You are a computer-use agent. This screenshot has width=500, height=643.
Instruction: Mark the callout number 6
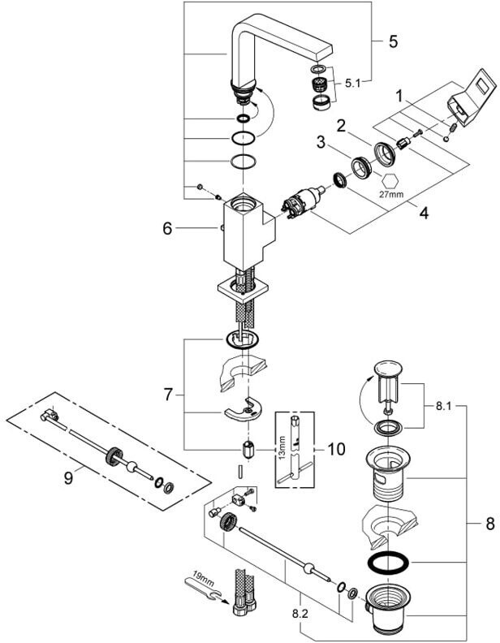pos(168,231)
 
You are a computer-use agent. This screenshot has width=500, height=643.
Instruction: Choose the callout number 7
pos(169,395)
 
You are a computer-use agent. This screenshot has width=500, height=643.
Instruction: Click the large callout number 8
pos(489,524)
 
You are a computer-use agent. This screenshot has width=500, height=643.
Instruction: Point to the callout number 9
pos(68,478)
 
